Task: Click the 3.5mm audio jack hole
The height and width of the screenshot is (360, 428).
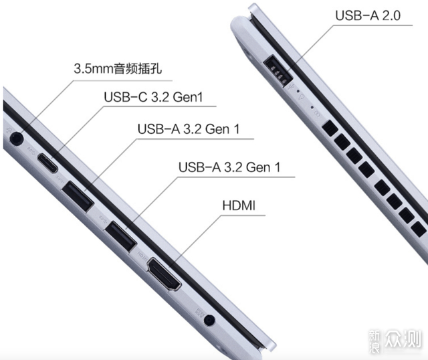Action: click(17, 139)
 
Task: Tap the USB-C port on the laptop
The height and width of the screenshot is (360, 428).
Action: click(47, 163)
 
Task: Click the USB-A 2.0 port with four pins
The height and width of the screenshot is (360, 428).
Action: click(278, 71)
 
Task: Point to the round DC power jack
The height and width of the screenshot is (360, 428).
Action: click(209, 320)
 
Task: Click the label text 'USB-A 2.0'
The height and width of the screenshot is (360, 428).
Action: click(368, 15)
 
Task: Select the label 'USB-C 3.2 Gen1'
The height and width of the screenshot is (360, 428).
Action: click(153, 97)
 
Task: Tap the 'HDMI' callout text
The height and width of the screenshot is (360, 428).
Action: click(239, 205)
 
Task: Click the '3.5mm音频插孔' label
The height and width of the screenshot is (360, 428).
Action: click(118, 68)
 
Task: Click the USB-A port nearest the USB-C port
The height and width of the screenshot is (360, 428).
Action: click(78, 196)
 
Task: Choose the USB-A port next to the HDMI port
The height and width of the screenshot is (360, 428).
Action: click(120, 236)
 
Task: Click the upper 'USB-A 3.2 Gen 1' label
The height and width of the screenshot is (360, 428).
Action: click(189, 129)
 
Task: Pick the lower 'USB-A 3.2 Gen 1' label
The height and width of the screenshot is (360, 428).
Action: click(229, 167)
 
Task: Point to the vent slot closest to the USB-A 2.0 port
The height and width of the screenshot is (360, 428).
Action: click(330, 128)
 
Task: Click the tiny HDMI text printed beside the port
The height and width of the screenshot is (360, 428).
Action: click(142, 256)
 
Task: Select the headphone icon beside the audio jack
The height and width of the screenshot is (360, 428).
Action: click(8, 130)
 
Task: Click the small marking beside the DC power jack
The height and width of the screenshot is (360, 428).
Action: click(199, 312)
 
